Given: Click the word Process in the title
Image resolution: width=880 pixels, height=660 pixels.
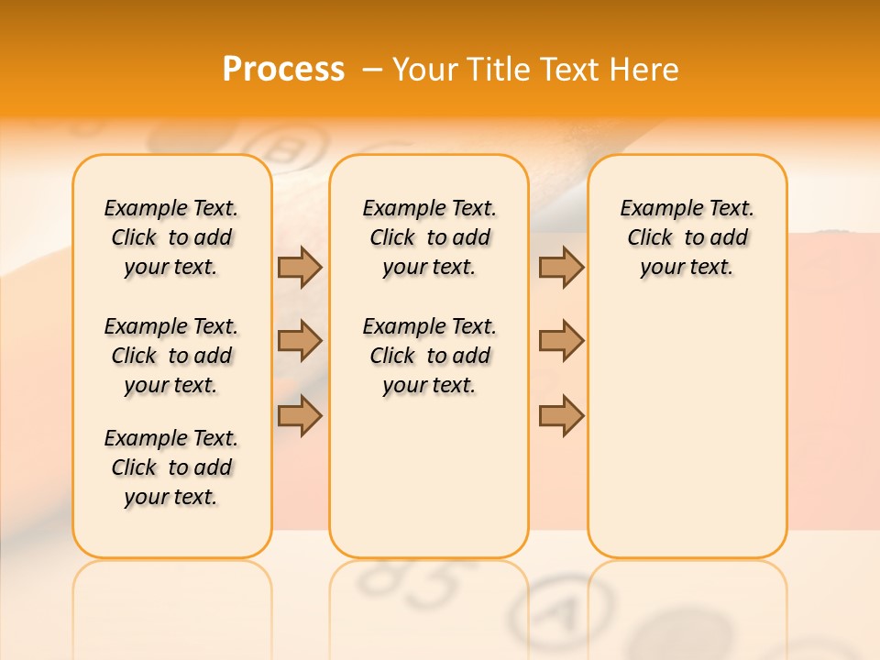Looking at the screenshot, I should [283, 70].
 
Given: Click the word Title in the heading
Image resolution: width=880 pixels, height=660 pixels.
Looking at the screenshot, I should [497, 70].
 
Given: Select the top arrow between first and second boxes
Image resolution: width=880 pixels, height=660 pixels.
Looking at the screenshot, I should [300, 268].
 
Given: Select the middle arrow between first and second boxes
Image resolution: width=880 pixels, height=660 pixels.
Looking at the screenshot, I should [300, 341].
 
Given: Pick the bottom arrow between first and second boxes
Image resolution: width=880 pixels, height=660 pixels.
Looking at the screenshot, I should [300, 416].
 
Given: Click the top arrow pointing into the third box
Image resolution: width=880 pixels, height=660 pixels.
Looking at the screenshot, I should [561, 268].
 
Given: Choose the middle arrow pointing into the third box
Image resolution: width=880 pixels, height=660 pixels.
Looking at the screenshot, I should [561, 341].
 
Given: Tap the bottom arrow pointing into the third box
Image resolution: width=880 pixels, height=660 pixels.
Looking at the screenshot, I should [561, 416].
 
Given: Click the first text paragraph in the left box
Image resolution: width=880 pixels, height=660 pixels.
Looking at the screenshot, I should [171, 237].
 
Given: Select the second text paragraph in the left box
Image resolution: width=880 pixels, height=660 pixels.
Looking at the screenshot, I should [171, 356].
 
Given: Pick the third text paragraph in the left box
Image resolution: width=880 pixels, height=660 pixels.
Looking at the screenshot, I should [171, 467].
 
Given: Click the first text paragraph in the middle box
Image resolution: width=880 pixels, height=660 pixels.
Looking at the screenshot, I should [429, 237].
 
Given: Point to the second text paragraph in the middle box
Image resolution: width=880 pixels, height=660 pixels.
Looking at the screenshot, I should [429, 356].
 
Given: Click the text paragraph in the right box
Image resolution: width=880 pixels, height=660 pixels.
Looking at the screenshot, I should [687, 237].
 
